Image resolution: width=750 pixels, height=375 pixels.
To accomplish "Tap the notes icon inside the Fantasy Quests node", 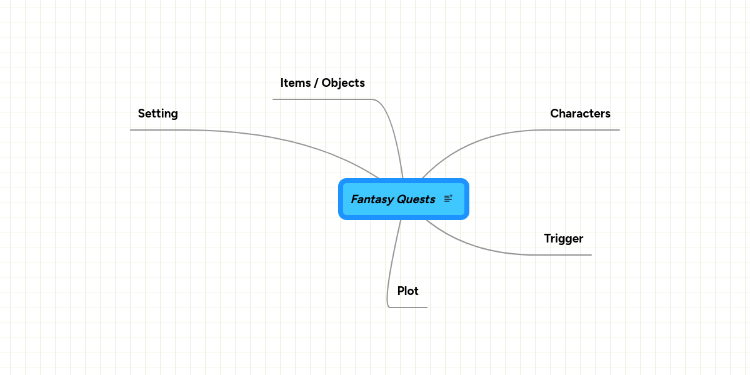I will click(x=448, y=199).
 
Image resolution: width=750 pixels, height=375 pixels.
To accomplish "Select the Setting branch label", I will click(x=157, y=114).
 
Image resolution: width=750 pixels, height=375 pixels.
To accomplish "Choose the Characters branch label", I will click(x=580, y=114).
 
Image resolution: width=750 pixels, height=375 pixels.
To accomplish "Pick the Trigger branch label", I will click(x=563, y=239).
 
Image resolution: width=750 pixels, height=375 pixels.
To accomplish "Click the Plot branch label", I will click(x=407, y=291).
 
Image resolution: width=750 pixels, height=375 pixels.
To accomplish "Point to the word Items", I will click(x=295, y=83).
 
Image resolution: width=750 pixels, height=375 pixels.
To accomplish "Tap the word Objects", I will click(x=343, y=83).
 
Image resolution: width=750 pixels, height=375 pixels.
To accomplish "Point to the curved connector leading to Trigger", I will click(x=475, y=246).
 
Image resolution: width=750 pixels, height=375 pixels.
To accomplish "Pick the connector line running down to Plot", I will click(x=392, y=262).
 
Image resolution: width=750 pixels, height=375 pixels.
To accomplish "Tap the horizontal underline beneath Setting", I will click(x=156, y=130).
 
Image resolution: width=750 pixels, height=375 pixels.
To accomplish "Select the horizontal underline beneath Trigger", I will click(x=562, y=255).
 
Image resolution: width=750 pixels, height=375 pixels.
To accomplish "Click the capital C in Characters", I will click(x=554, y=114).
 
